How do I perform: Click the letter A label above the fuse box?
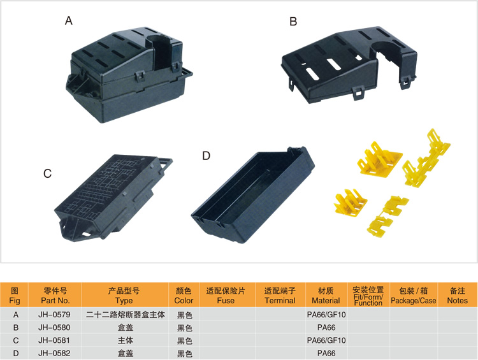pyautogui.click(x=69, y=21)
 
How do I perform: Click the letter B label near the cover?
pyautogui.click(x=293, y=22)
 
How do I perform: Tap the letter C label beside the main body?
pyautogui.click(x=47, y=173)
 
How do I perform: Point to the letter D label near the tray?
pyautogui.click(x=206, y=155)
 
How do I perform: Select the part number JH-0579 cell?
pyautogui.click(x=54, y=314)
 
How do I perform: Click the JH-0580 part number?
pyautogui.click(x=54, y=328)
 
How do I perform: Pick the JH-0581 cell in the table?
pyautogui.click(x=54, y=340)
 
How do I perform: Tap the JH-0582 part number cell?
pyautogui.click(x=54, y=353)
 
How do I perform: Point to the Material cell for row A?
pyautogui.click(x=326, y=314)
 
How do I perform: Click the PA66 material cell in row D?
pyautogui.click(x=326, y=353)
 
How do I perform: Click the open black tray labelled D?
pyautogui.click(x=252, y=195)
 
